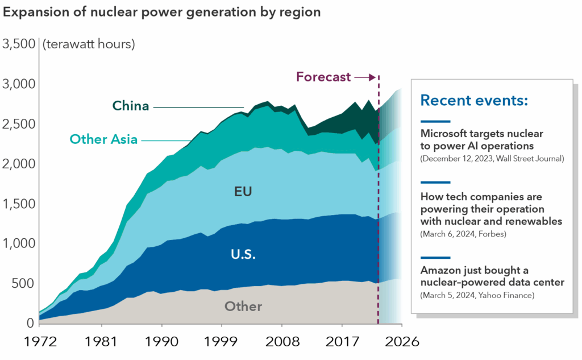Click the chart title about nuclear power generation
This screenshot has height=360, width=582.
point(162,13)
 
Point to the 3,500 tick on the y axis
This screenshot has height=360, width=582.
point(19,44)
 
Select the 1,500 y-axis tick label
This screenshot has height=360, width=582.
point(19,204)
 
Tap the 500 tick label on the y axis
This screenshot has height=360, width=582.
point(26,284)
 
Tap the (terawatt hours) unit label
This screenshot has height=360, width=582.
point(89,44)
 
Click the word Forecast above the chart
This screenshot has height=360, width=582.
point(323,77)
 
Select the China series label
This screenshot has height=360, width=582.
point(131,106)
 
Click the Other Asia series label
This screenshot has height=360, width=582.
point(103,139)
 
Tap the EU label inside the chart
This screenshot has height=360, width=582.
point(243,192)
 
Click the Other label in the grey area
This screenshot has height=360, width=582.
point(243,307)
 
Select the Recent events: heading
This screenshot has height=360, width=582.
point(474,101)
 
